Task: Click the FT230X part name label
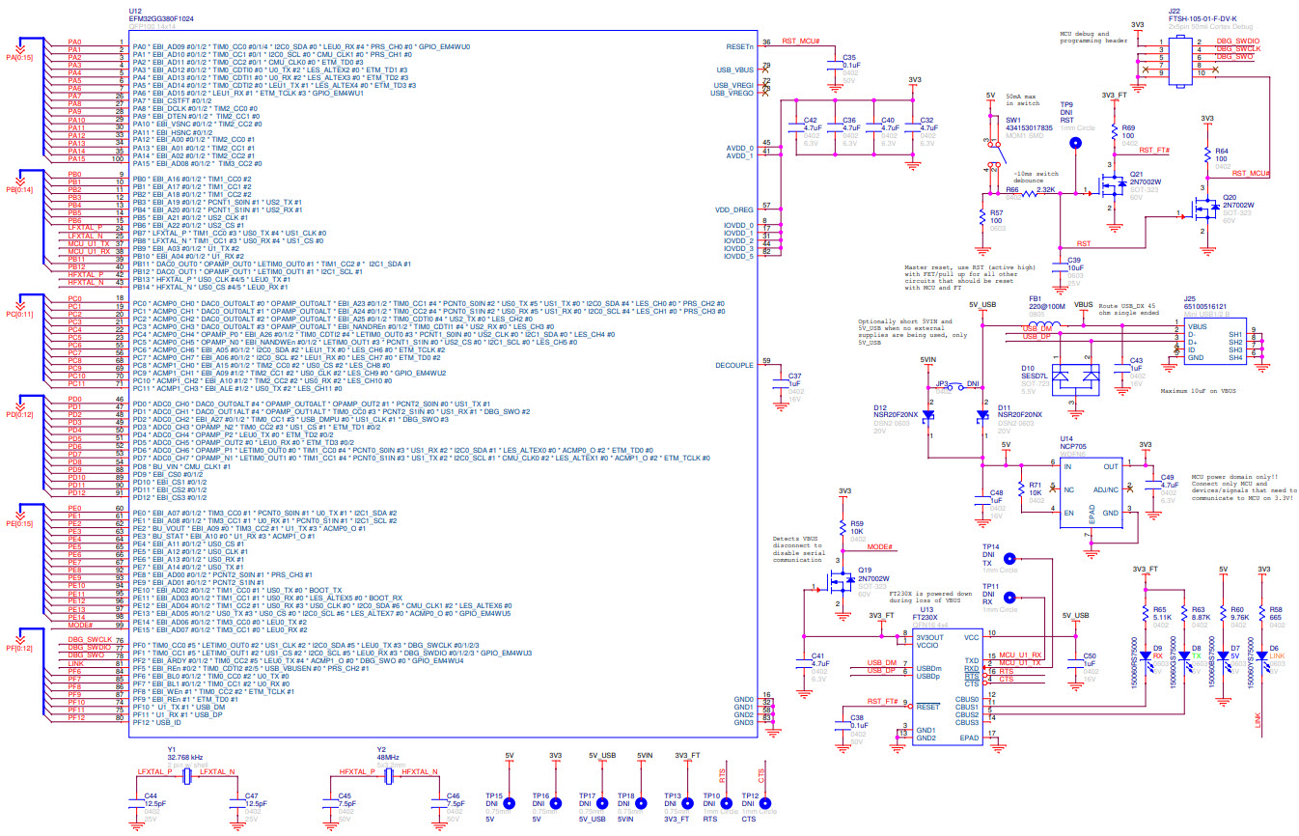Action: click(929, 617)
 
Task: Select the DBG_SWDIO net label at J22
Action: click(1237, 41)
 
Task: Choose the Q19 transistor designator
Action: click(865, 570)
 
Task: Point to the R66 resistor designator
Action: click(1012, 190)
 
